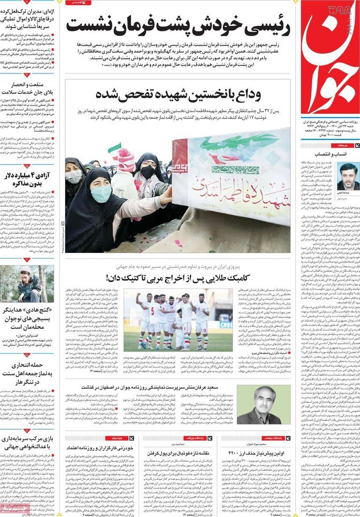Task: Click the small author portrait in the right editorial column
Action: pyautogui.click(x=347, y=177)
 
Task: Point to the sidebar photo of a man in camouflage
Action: pyautogui.click(x=27, y=284)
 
